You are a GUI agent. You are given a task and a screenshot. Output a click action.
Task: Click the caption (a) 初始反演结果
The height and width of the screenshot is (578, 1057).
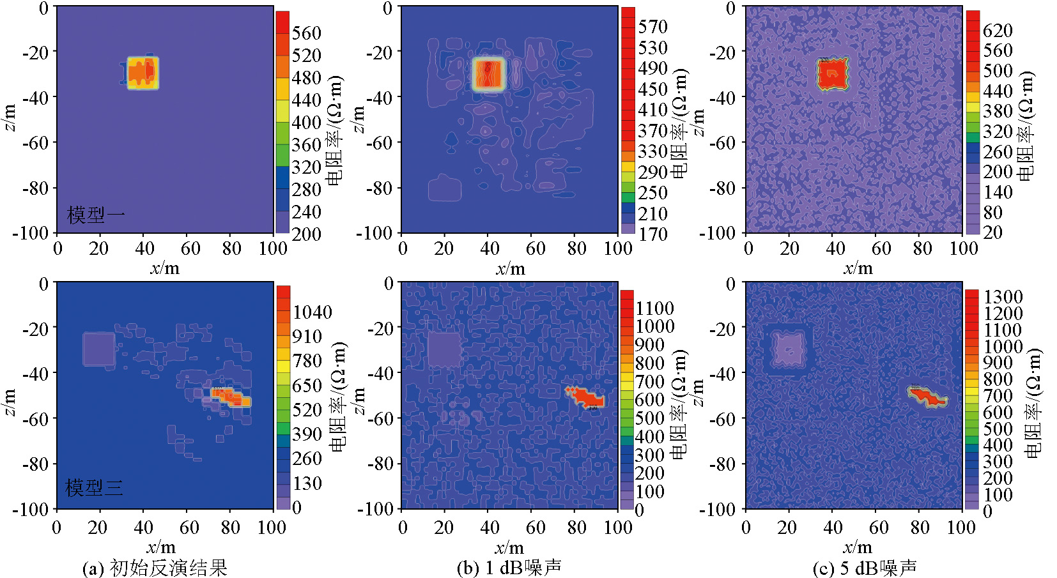pos(155,568)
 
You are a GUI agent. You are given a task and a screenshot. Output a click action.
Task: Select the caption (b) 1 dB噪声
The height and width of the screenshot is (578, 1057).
pos(509,567)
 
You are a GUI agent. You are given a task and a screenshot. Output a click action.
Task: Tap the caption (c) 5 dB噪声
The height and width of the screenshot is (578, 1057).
pos(864,567)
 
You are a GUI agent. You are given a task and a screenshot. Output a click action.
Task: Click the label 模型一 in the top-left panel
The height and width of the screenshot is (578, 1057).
pos(96,215)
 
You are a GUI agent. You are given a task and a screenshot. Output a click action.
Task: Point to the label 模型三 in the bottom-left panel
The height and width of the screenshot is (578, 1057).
pos(94,488)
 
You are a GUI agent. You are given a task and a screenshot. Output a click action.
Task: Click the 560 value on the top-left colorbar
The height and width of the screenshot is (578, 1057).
pos(306,33)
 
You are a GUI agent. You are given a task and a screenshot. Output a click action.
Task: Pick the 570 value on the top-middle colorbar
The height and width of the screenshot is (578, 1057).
pos(652,27)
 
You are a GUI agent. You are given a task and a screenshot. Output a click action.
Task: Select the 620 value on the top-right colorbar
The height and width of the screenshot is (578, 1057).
pos(998,30)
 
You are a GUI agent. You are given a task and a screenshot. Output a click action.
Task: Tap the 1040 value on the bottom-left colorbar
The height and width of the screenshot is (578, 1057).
pos(312,312)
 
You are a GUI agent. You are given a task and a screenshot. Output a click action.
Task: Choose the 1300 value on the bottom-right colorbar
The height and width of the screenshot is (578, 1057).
pos(1003,297)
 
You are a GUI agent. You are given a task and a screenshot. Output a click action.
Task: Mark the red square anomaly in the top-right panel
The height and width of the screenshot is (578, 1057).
pos(832,73)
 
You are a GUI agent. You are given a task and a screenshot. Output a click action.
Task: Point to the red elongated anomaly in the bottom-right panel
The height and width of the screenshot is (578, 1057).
pos(928,397)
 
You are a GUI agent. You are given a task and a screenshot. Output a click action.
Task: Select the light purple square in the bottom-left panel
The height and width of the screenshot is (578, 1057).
pos(99,349)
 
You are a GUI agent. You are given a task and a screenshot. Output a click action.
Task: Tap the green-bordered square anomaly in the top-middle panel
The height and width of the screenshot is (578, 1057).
pos(489,73)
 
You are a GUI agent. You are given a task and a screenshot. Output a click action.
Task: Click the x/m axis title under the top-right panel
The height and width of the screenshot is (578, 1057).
pos(857,268)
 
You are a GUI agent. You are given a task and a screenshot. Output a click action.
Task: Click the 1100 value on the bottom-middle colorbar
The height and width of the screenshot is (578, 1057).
pos(654,308)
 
